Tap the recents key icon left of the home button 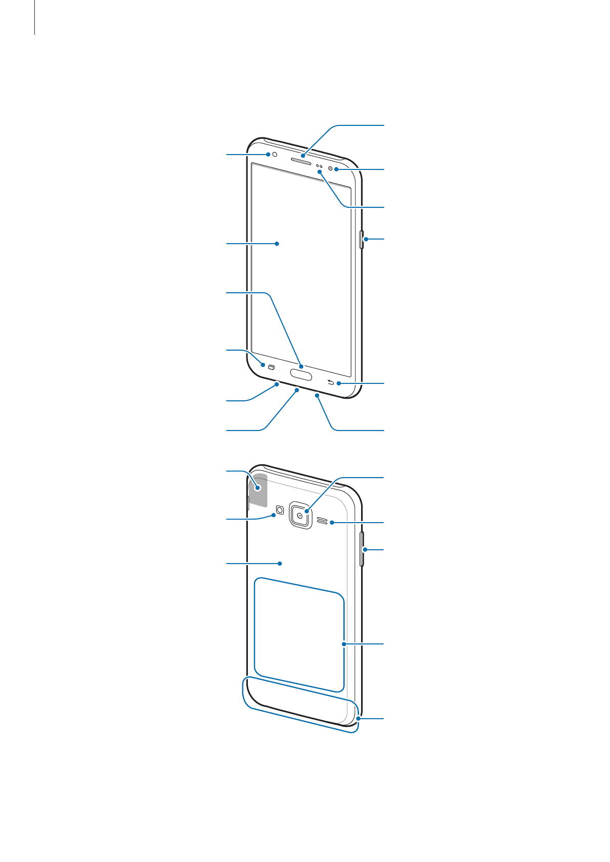271,367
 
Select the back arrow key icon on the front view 331,383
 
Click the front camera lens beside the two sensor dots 330,169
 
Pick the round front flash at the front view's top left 275,154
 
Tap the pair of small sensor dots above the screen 319,167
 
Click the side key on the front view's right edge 362,239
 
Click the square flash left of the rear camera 280,510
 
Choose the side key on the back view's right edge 363,549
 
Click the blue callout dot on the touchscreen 277,244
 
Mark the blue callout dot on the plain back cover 280,564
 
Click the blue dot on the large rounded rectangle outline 344,644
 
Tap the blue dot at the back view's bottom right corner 359,719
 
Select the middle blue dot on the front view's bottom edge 297,390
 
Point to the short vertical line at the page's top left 35,17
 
